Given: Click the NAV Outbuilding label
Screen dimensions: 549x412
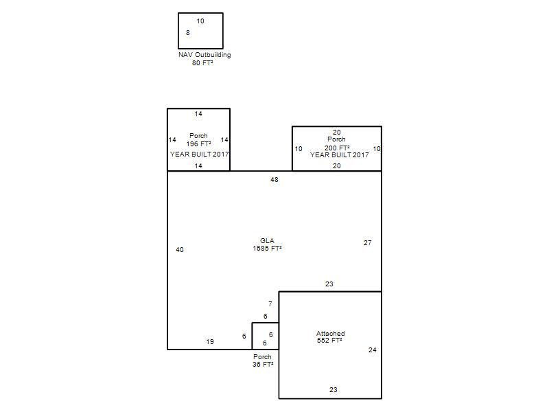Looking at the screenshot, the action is (205, 55).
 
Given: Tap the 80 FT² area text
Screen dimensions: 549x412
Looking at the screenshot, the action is (202, 63).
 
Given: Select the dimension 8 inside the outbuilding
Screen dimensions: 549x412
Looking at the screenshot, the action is (187, 32).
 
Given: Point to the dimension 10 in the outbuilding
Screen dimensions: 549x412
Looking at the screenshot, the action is (200, 21).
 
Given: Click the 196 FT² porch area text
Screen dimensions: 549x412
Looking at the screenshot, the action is (198, 144).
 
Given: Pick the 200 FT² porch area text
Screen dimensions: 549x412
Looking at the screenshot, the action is (337, 148).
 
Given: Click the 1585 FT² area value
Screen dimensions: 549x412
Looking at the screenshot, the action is (267, 249).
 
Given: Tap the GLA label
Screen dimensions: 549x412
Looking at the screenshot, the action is (267, 241).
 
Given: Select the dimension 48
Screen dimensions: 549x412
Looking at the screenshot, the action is (274, 180).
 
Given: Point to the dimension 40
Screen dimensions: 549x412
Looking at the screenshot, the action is (180, 250).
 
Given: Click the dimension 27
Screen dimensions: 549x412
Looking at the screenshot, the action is (368, 243).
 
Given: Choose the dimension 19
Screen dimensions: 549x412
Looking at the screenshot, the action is (210, 341).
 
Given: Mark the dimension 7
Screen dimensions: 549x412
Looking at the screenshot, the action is (270, 304).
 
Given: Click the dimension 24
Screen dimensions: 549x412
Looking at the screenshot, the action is (373, 350).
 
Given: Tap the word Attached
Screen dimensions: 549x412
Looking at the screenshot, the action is (331, 333).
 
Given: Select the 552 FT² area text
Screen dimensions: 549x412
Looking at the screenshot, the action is (329, 340).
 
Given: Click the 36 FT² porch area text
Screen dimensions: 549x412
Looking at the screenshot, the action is (263, 365).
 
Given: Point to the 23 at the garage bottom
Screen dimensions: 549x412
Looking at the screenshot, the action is (334, 389).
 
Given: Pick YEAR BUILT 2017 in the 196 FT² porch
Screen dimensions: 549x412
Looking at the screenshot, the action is (199, 154).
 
